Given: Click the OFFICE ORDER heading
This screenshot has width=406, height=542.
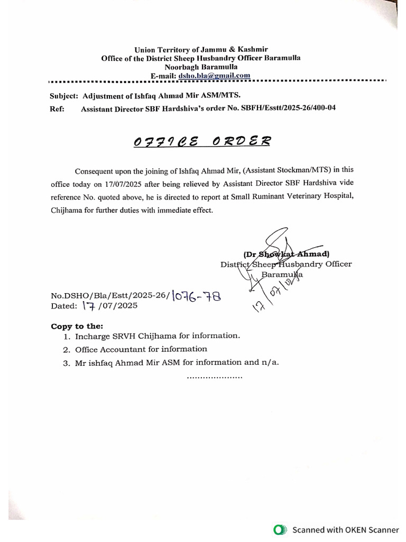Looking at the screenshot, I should click(x=202, y=141).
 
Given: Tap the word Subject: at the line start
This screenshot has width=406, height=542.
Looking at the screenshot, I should click(x=64, y=96).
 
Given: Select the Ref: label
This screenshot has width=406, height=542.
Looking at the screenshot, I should click(x=57, y=109).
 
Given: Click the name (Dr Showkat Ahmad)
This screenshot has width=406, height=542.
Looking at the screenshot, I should click(x=286, y=254).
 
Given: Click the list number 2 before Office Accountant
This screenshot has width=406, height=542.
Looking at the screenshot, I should click(x=67, y=350).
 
